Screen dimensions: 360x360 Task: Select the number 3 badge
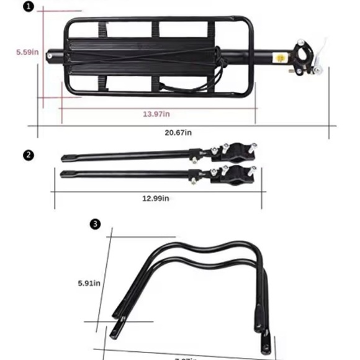[x=94, y=223]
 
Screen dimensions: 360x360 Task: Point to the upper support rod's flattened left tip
[x=65, y=157]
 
